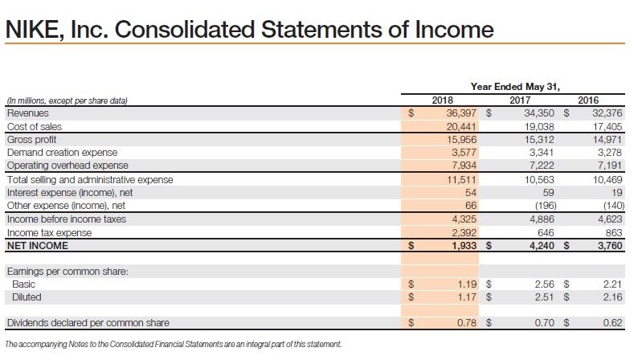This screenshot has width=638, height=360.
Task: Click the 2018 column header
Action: (442, 100)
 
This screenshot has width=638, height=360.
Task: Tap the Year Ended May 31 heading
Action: (515, 88)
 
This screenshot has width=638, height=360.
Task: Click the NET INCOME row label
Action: (37, 245)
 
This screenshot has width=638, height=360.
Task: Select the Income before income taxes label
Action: (66, 219)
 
